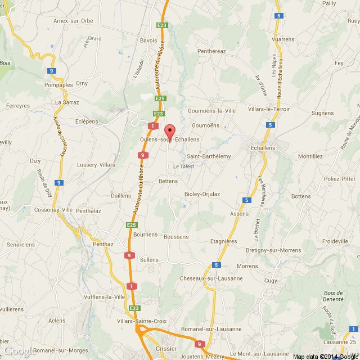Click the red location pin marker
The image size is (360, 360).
169,129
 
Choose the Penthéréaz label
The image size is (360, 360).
211,51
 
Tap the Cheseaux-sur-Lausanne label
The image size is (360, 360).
211,278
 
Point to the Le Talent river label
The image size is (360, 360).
183,166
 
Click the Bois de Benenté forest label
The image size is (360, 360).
334,296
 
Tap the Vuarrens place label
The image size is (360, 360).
282,39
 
